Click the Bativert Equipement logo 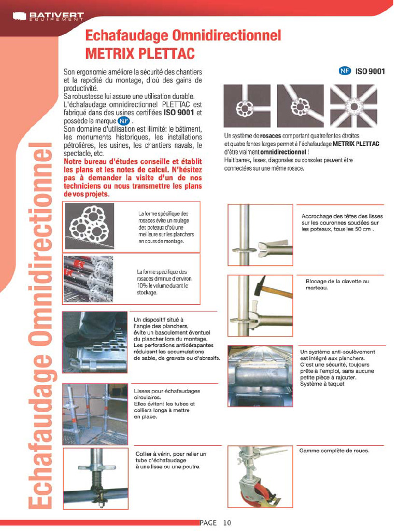tap(48, 17)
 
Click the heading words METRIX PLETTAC tap(139, 53)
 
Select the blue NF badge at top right tap(345, 71)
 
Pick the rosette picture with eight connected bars tap(354, 106)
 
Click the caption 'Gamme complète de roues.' tap(334, 451)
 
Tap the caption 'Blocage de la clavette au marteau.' tap(337, 284)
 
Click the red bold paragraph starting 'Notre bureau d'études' tap(132, 177)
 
